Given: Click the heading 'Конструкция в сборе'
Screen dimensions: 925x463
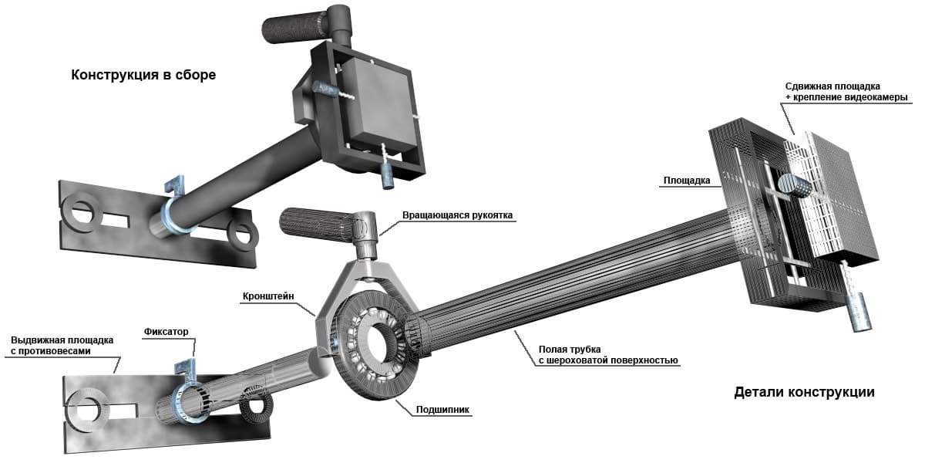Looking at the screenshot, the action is (143, 76).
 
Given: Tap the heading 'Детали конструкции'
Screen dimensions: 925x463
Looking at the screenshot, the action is (804, 392).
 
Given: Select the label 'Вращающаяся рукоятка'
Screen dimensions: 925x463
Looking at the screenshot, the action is (457, 215).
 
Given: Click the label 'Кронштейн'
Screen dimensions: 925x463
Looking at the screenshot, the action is (268, 296).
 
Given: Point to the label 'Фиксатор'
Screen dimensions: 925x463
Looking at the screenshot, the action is (166, 332).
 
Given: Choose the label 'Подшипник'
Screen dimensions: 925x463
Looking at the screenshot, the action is (442, 410).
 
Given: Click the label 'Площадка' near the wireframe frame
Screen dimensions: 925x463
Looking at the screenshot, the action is (687, 181).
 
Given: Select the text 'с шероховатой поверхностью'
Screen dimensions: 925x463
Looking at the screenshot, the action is (608, 360).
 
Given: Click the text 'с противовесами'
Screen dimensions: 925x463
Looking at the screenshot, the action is (50, 351).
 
